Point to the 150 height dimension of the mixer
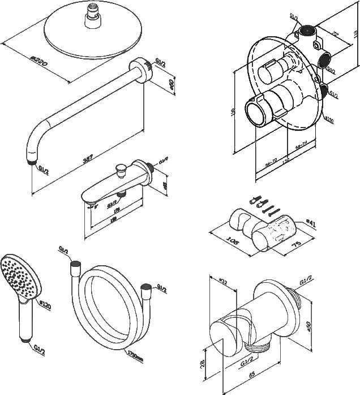click(x=233, y=112)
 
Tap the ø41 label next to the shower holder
click(x=309, y=223)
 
